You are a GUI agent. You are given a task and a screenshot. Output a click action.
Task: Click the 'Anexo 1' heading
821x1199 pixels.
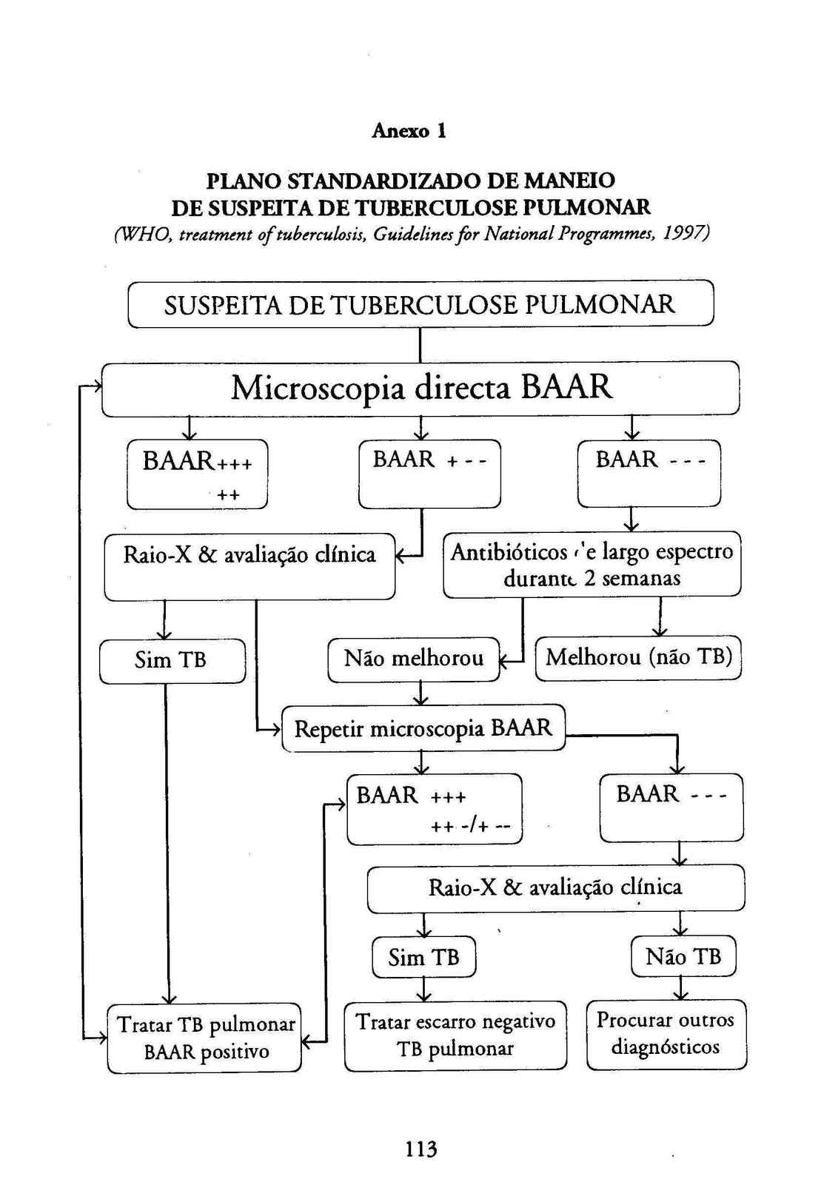pyautogui.click(x=409, y=131)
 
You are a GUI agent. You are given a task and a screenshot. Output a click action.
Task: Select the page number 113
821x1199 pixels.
pyautogui.click(x=420, y=1149)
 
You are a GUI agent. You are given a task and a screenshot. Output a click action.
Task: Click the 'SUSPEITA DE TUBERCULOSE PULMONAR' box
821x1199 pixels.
pyautogui.click(x=420, y=304)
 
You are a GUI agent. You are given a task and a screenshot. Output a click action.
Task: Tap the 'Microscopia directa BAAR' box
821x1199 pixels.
pyautogui.click(x=420, y=388)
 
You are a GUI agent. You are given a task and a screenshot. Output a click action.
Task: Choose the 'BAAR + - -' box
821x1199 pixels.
pyautogui.click(x=429, y=474)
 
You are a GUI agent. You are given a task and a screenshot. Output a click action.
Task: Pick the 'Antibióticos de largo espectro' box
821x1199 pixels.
pyautogui.click(x=592, y=564)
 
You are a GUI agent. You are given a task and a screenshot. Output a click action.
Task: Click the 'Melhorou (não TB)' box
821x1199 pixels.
pyautogui.click(x=638, y=657)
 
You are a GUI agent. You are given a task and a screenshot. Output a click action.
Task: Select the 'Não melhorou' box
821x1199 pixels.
pyautogui.click(x=414, y=659)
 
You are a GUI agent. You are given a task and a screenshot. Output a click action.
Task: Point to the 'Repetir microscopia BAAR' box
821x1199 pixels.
pyautogui.click(x=423, y=728)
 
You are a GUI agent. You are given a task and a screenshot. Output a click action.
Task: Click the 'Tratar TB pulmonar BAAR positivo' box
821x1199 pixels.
pyautogui.click(x=205, y=1038)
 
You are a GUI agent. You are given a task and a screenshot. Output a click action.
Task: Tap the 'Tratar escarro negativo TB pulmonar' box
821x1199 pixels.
pyautogui.click(x=455, y=1035)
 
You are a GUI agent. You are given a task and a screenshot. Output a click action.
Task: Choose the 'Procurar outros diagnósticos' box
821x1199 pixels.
pyautogui.click(x=666, y=1033)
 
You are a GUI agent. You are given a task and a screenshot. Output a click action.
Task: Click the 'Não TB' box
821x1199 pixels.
pyautogui.click(x=683, y=956)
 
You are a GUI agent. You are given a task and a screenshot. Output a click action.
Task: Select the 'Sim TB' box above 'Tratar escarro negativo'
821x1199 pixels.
pyautogui.click(x=423, y=957)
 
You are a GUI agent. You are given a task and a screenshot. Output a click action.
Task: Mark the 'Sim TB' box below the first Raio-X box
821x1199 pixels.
pyautogui.click(x=172, y=660)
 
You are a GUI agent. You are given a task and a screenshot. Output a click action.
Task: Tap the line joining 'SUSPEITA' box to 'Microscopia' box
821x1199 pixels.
pyautogui.click(x=420, y=344)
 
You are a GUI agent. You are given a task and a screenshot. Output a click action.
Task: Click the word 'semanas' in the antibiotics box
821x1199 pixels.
pyautogui.click(x=641, y=578)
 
